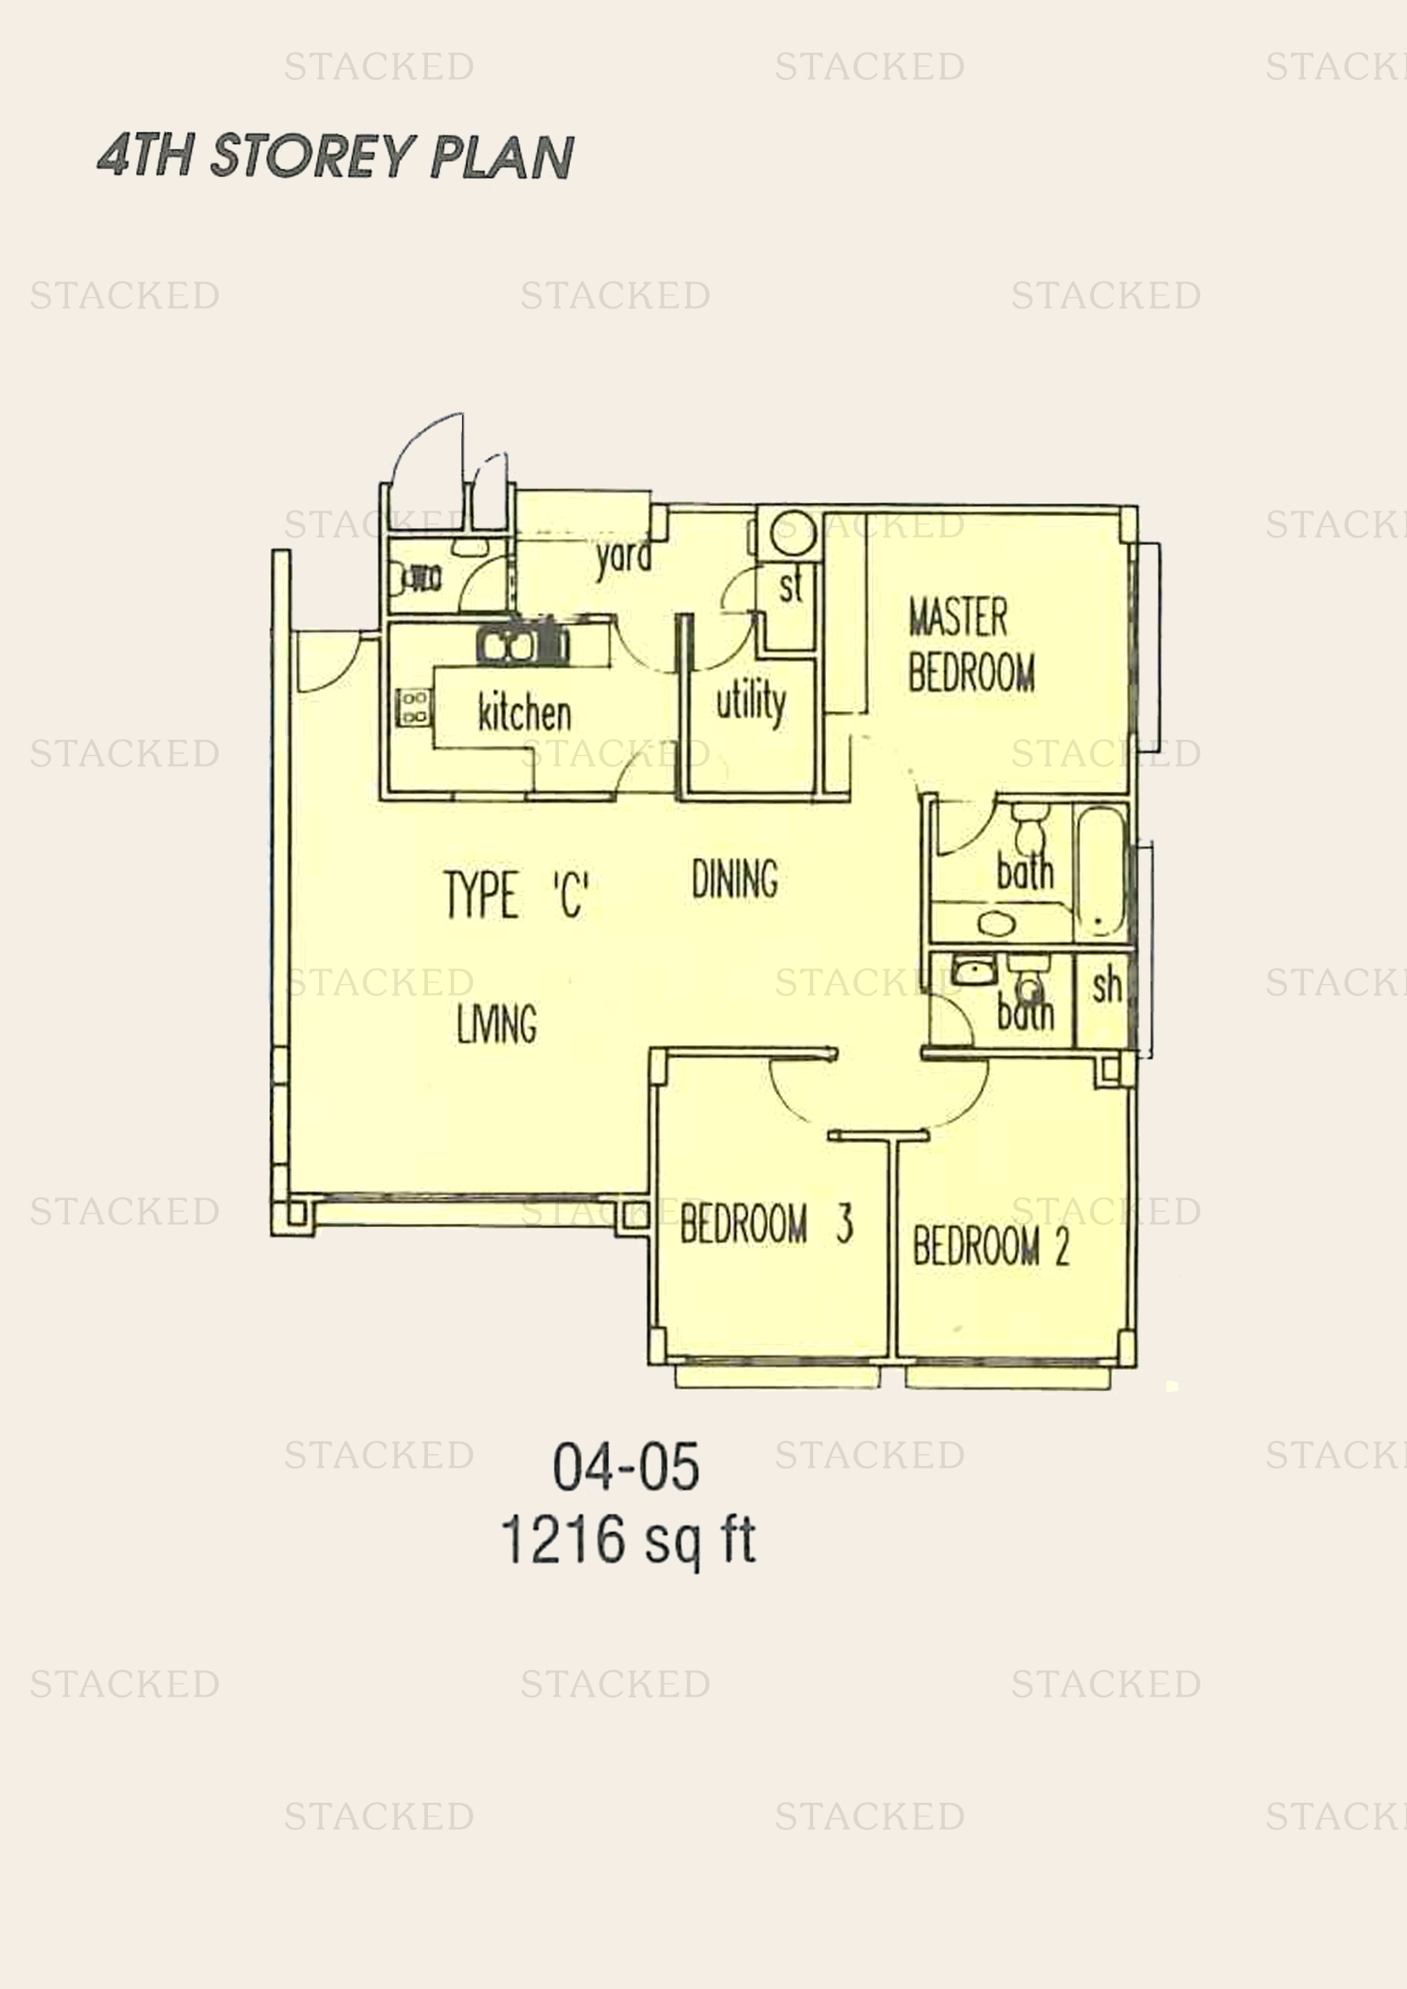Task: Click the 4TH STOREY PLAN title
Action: [335, 156]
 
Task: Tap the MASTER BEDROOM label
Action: [971, 645]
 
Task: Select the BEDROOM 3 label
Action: [766, 1223]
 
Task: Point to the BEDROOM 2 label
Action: [990, 1246]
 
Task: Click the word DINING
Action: [735, 878]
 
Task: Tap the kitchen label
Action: [524, 712]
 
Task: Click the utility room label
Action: [751, 702]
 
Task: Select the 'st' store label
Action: [791, 587]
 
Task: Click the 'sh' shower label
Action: [1107, 986]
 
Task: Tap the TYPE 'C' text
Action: [517, 895]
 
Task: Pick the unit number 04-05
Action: [626, 1468]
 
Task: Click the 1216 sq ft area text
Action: [629, 1542]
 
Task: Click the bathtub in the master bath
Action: [1100, 872]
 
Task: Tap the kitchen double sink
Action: [522, 646]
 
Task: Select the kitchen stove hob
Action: [413, 706]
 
